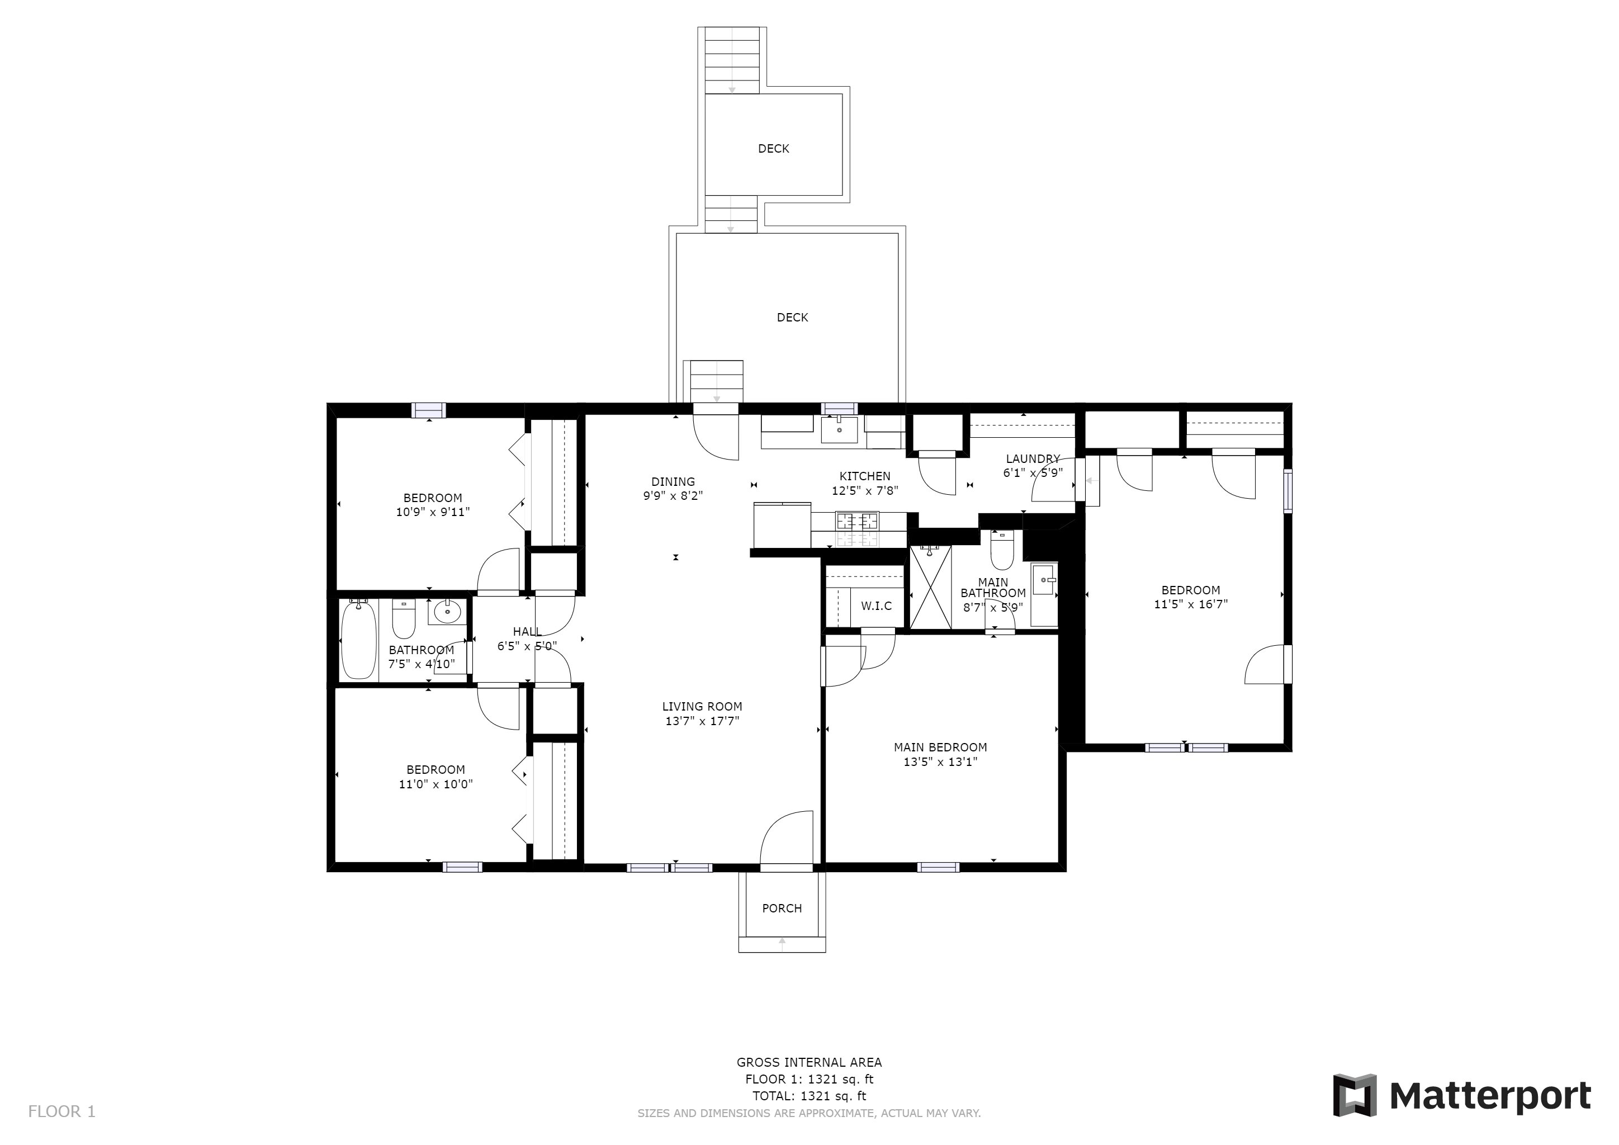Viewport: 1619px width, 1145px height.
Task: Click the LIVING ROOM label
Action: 702,707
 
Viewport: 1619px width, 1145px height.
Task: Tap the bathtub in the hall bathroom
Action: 359,640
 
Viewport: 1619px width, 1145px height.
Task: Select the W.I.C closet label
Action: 876,605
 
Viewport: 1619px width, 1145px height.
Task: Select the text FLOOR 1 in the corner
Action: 61,1112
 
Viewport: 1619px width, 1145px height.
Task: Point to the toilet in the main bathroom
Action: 1002,551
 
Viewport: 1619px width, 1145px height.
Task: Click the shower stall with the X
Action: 931,586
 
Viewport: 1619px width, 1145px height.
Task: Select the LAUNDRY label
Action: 1033,459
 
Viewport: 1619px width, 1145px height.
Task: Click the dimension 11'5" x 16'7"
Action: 1190,604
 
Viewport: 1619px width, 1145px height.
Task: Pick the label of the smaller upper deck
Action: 774,149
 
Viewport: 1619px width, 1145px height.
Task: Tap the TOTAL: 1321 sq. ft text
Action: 809,1096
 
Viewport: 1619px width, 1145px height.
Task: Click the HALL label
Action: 527,632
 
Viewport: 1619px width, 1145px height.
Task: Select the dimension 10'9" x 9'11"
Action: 432,513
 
